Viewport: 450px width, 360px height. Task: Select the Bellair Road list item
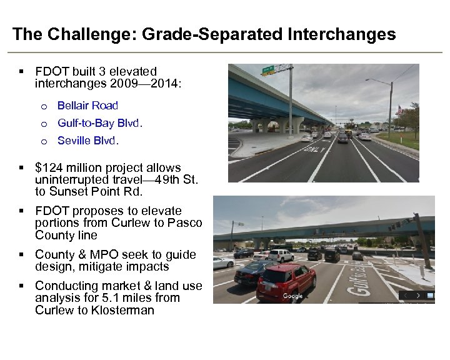(87, 106)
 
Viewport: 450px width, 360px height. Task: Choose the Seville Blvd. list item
(88, 141)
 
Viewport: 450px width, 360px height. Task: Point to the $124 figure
(49, 167)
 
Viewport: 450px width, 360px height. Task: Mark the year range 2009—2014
(145, 84)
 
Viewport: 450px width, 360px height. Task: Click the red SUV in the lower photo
(285, 281)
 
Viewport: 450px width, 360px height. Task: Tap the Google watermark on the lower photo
(292, 296)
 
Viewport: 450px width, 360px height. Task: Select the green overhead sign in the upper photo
(268, 69)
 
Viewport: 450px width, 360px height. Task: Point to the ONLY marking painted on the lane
(312, 149)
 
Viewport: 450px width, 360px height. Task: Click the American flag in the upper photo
(400, 109)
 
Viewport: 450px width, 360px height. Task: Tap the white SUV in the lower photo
(281, 255)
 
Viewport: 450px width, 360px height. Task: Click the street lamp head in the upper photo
(369, 80)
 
